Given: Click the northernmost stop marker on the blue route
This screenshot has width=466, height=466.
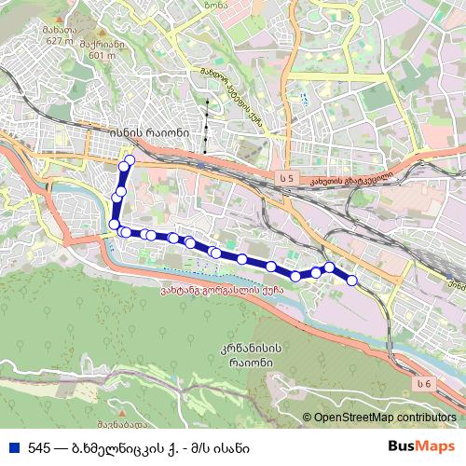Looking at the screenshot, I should (x=130, y=161).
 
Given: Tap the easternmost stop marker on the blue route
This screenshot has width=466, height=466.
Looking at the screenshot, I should (x=352, y=281).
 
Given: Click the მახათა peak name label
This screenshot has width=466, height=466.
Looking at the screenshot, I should (x=58, y=29).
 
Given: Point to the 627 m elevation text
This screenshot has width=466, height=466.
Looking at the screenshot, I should (x=58, y=40).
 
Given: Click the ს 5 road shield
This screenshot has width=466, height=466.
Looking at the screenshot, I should (x=285, y=174).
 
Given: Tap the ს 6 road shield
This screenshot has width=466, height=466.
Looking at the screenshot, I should (x=425, y=384).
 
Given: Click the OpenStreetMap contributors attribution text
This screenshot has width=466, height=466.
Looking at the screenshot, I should (x=387, y=418).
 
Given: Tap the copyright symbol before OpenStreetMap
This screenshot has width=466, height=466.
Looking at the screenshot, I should (x=308, y=418).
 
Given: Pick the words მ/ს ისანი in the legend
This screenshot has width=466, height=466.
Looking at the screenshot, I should (x=218, y=447).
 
